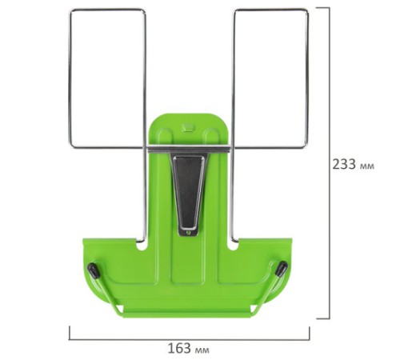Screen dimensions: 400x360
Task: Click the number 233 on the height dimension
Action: coord(344,164)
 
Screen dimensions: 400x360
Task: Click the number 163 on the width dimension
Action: coord(179,348)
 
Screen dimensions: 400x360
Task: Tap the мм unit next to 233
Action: coord(367,166)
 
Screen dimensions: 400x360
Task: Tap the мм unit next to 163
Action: coord(202,350)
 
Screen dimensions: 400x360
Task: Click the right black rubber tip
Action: coord(282,268)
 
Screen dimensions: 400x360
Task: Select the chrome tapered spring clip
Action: coord(189,193)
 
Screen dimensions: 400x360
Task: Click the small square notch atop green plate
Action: coord(188,127)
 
